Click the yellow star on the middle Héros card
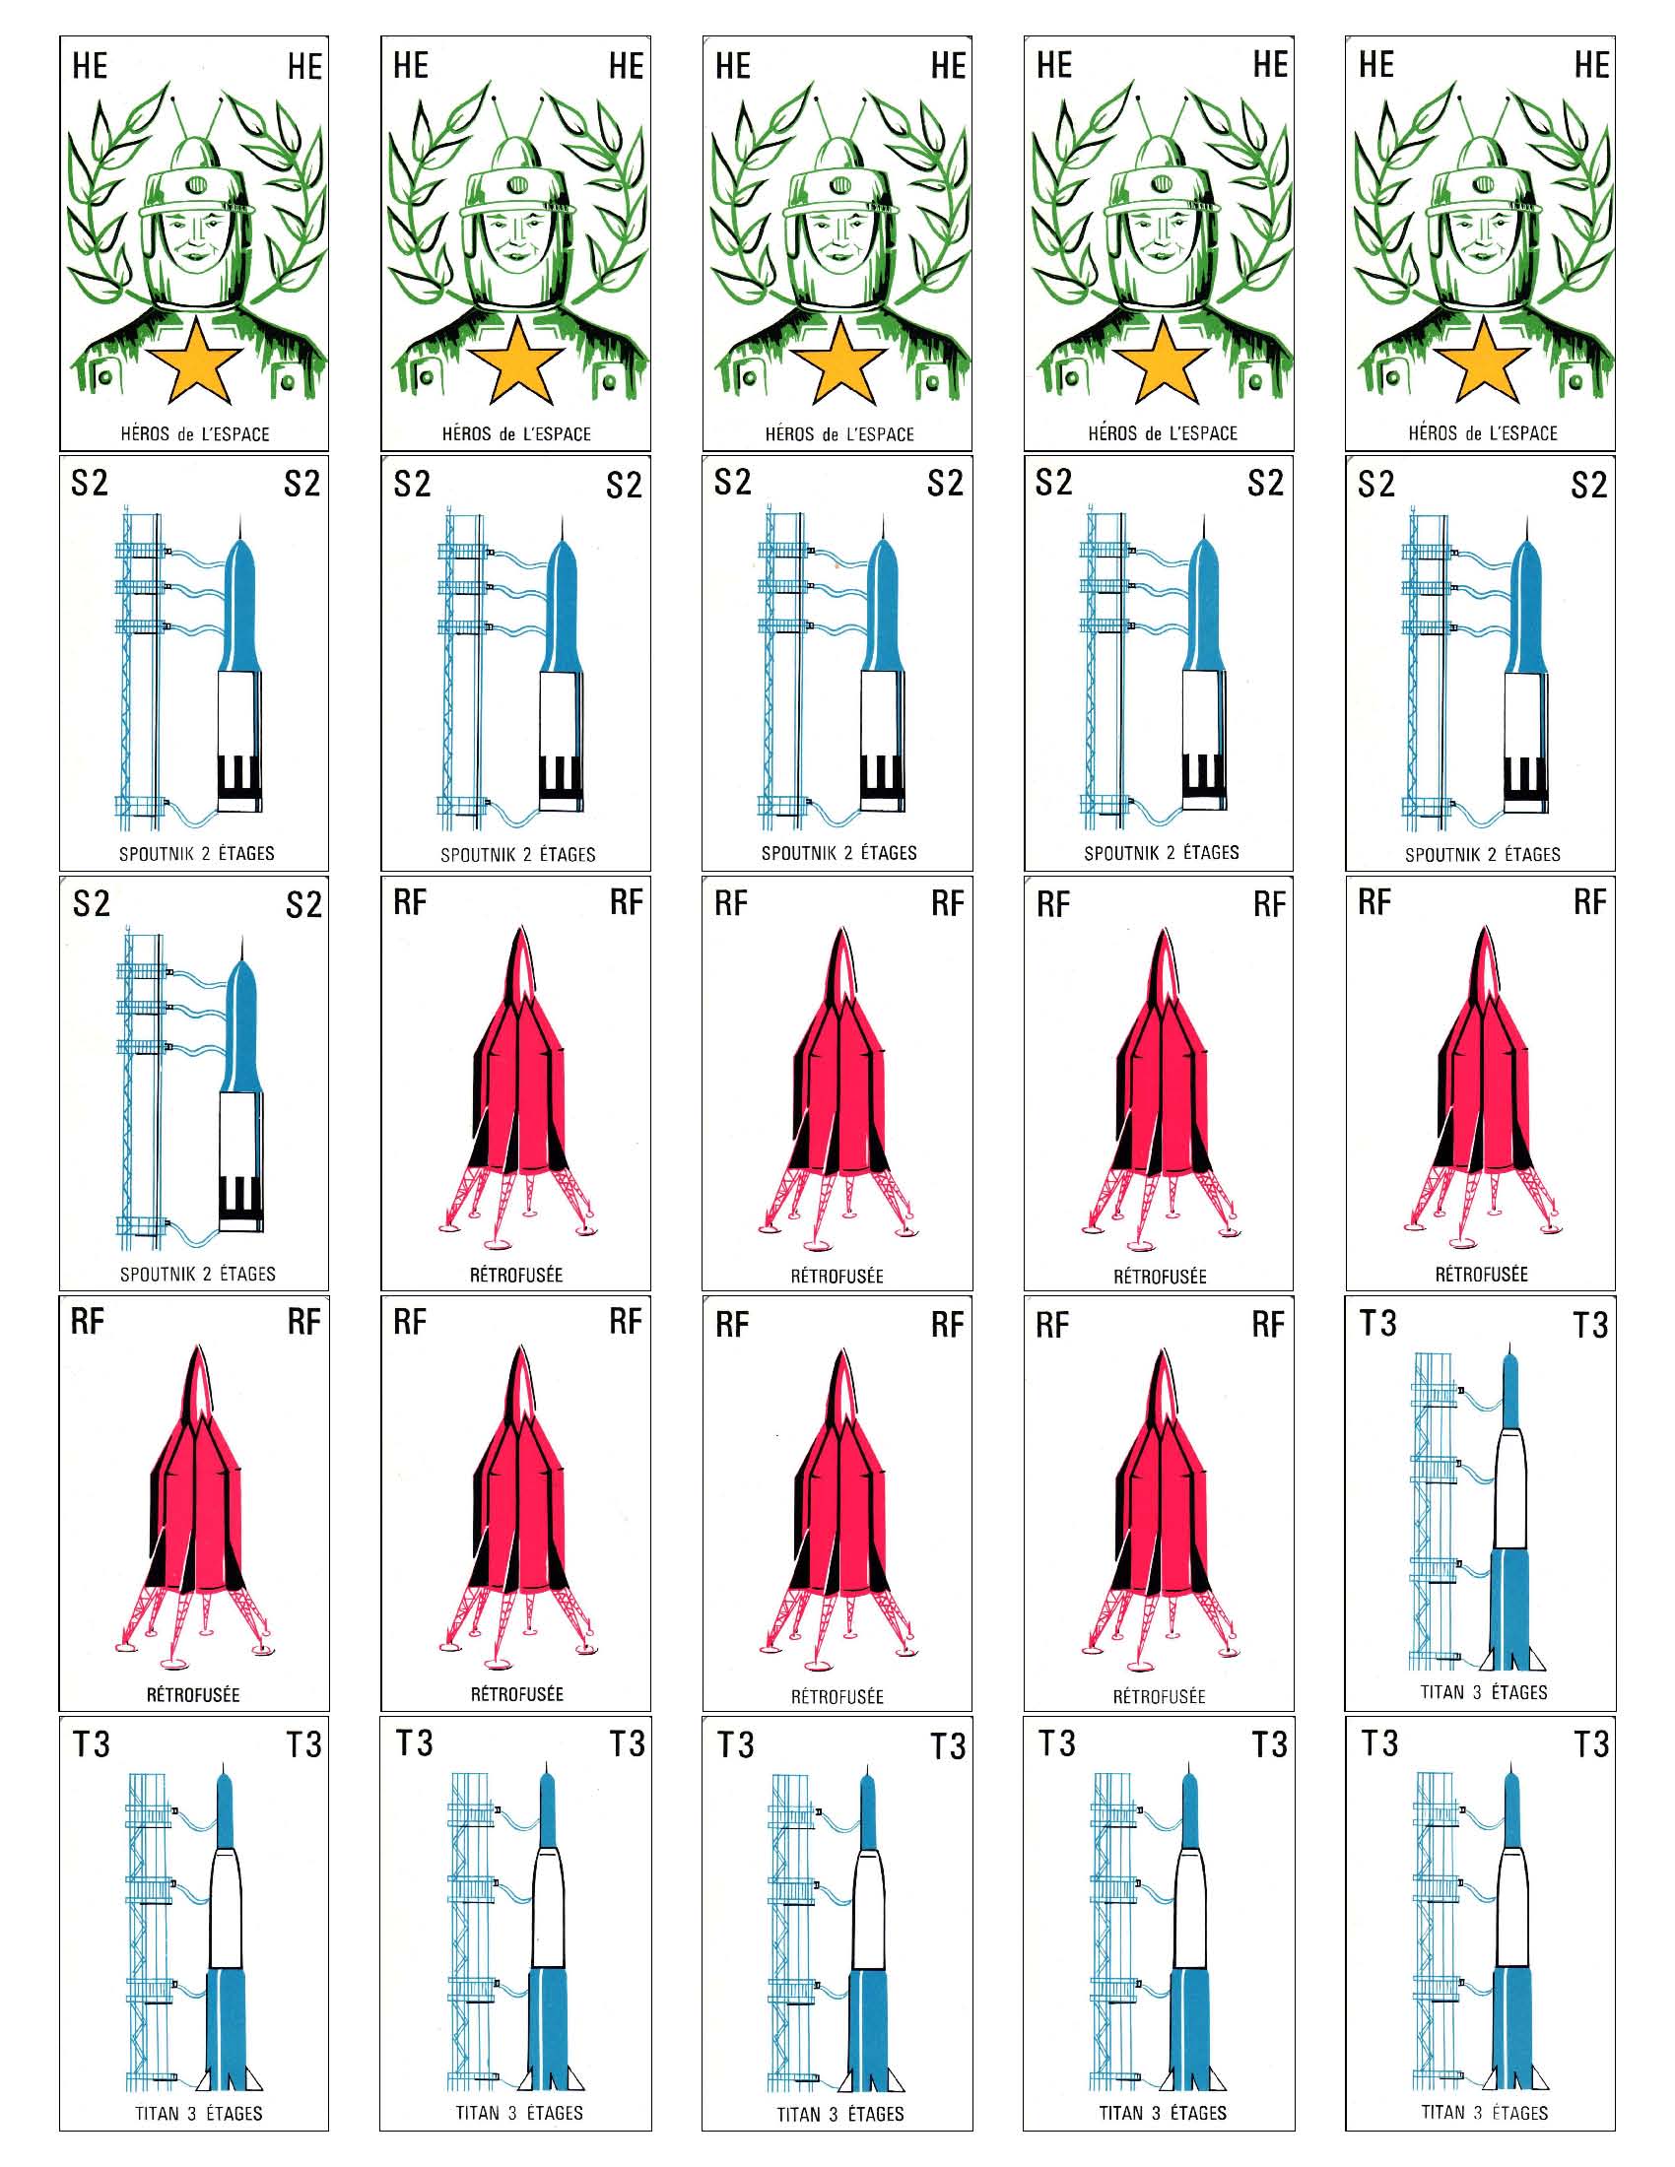[838, 361]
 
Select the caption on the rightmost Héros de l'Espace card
[1483, 433]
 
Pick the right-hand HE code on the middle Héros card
[948, 66]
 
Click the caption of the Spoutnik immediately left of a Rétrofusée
[197, 1273]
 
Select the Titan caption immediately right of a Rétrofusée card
[1484, 1691]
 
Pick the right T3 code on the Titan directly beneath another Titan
[1591, 1744]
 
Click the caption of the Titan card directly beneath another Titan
[1483, 2113]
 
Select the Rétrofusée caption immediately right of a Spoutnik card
[516, 1275]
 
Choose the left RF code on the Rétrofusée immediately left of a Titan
[1053, 1325]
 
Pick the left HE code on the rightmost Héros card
[1376, 64]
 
